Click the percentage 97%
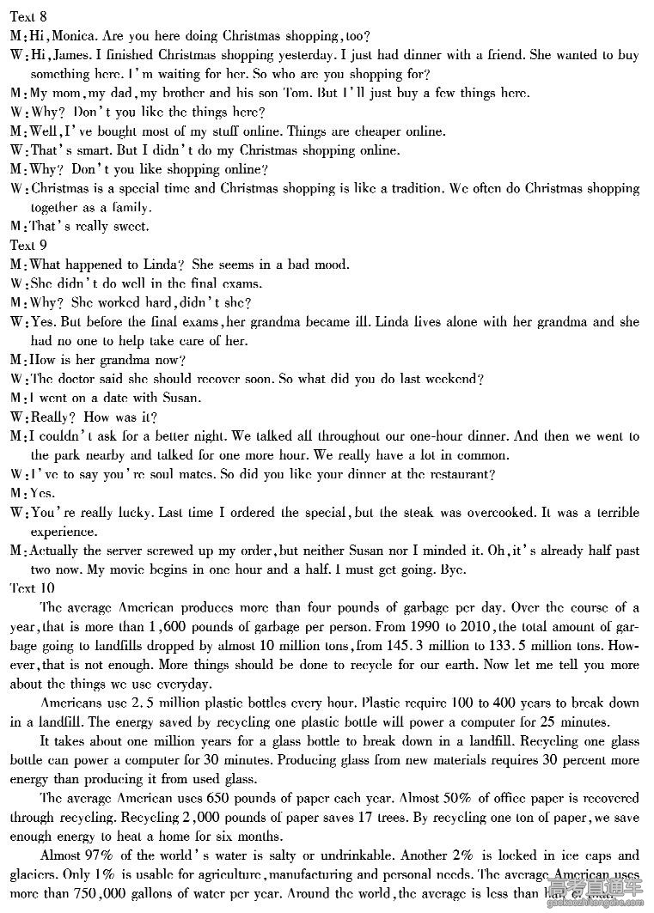pos(101,855)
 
